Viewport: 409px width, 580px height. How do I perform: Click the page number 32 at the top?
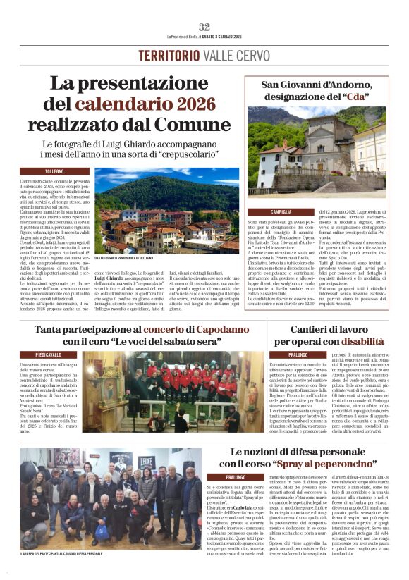click(x=204, y=27)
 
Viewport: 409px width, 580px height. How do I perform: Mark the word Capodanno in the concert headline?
click(x=214, y=329)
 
